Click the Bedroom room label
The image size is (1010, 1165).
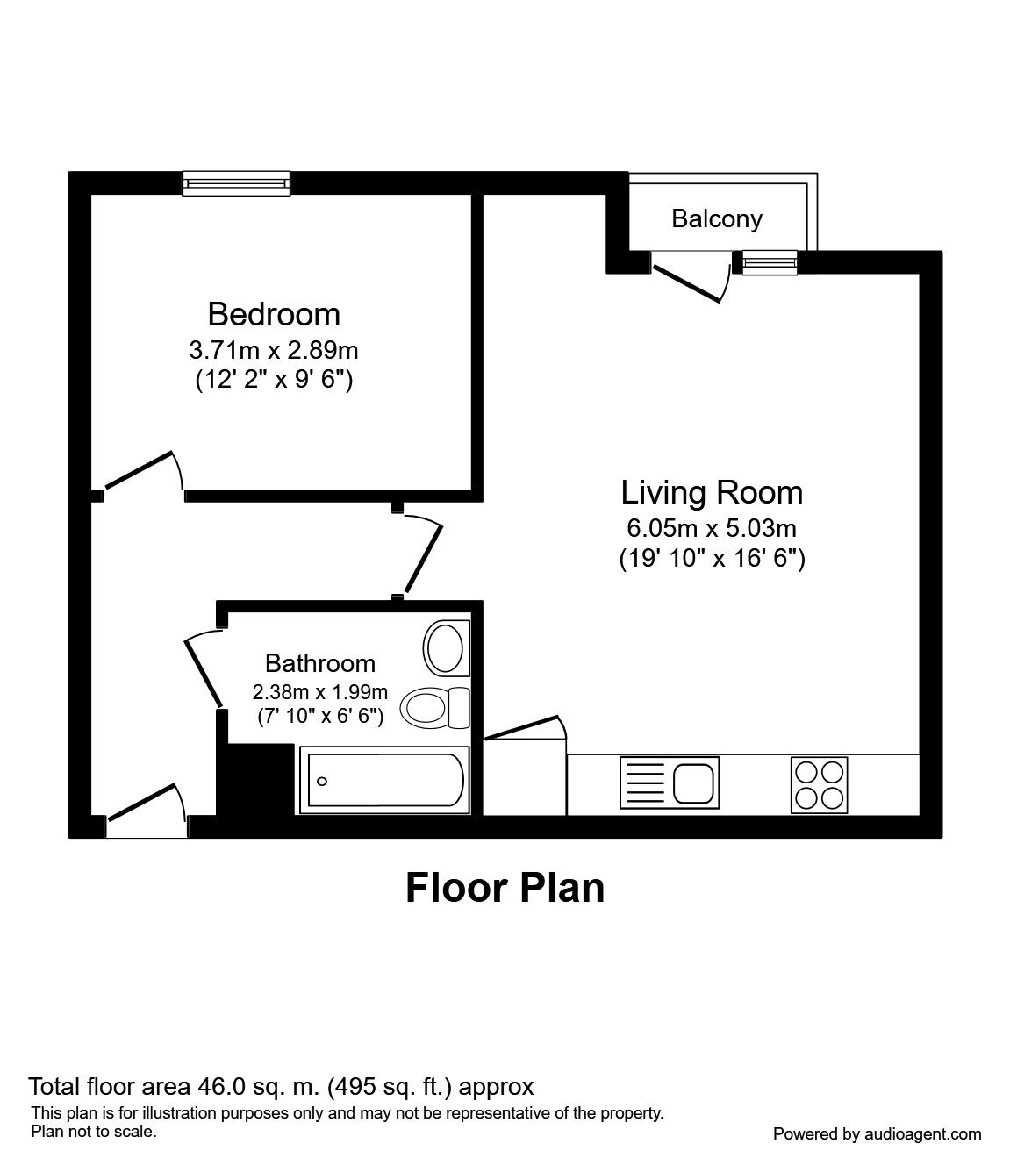pos(274,313)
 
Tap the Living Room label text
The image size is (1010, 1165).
pos(712,492)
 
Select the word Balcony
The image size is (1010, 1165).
pos(717,218)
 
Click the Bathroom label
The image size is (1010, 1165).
pos(320,663)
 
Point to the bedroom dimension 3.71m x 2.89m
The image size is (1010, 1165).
pos(274,351)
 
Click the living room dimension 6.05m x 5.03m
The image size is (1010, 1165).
pos(712,528)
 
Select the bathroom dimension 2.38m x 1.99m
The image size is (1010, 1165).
pos(320,691)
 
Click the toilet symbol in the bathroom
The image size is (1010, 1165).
pos(435,706)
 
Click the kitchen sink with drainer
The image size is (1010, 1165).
pos(669,782)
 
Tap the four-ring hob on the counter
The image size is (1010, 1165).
pos(820,783)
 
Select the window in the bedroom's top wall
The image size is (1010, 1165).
pos(236,182)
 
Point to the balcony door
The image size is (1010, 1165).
pos(690,278)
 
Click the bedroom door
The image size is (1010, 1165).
pos(143,472)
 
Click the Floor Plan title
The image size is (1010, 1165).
pos(505,888)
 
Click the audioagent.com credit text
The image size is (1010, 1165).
pos(877,1134)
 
